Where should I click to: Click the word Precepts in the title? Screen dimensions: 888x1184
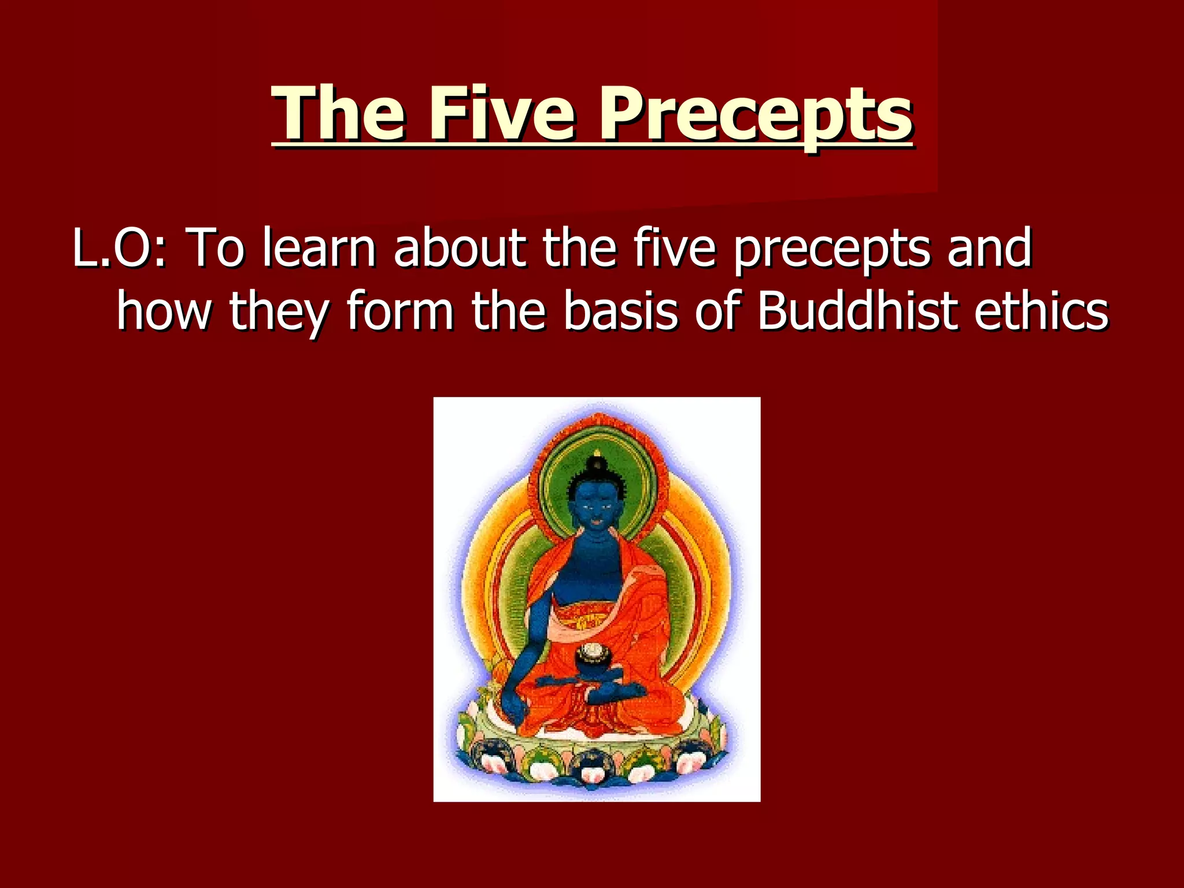pyautogui.click(x=754, y=114)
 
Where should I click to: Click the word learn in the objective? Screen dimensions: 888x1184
pyautogui.click(x=319, y=249)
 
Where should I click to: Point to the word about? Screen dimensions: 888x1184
pyautogui.click(x=460, y=249)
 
